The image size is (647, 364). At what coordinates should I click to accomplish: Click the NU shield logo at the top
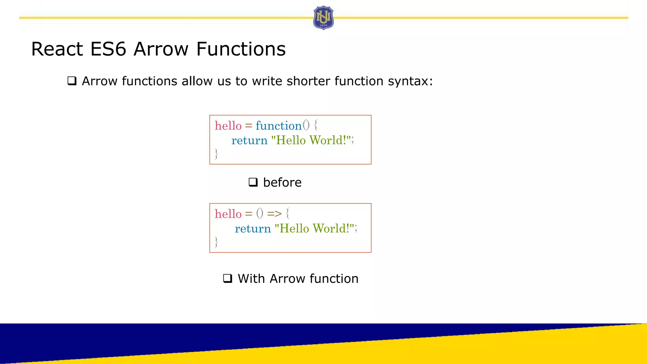tap(323, 18)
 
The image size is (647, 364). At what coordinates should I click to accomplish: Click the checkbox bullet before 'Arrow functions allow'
tap(72, 81)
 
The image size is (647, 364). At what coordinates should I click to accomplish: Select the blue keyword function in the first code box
tap(278, 126)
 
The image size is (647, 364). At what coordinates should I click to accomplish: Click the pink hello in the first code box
tap(228, 126)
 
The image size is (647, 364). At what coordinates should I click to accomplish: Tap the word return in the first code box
tap(249, 140)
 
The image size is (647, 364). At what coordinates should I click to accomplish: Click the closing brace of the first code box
tap(216, 154)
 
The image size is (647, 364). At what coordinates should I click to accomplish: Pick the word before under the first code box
tap(282, 182)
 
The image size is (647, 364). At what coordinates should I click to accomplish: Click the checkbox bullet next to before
tap(253, 182)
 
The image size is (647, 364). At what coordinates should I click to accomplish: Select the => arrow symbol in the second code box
tap(274, 214)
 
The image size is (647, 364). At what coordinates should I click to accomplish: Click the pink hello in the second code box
tap(228, 214)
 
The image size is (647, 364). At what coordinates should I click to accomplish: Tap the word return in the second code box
tap(253, 228)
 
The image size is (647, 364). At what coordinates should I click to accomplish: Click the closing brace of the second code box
tap(216, 242)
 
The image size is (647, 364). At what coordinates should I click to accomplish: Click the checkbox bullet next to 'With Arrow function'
tap(227, 278)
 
